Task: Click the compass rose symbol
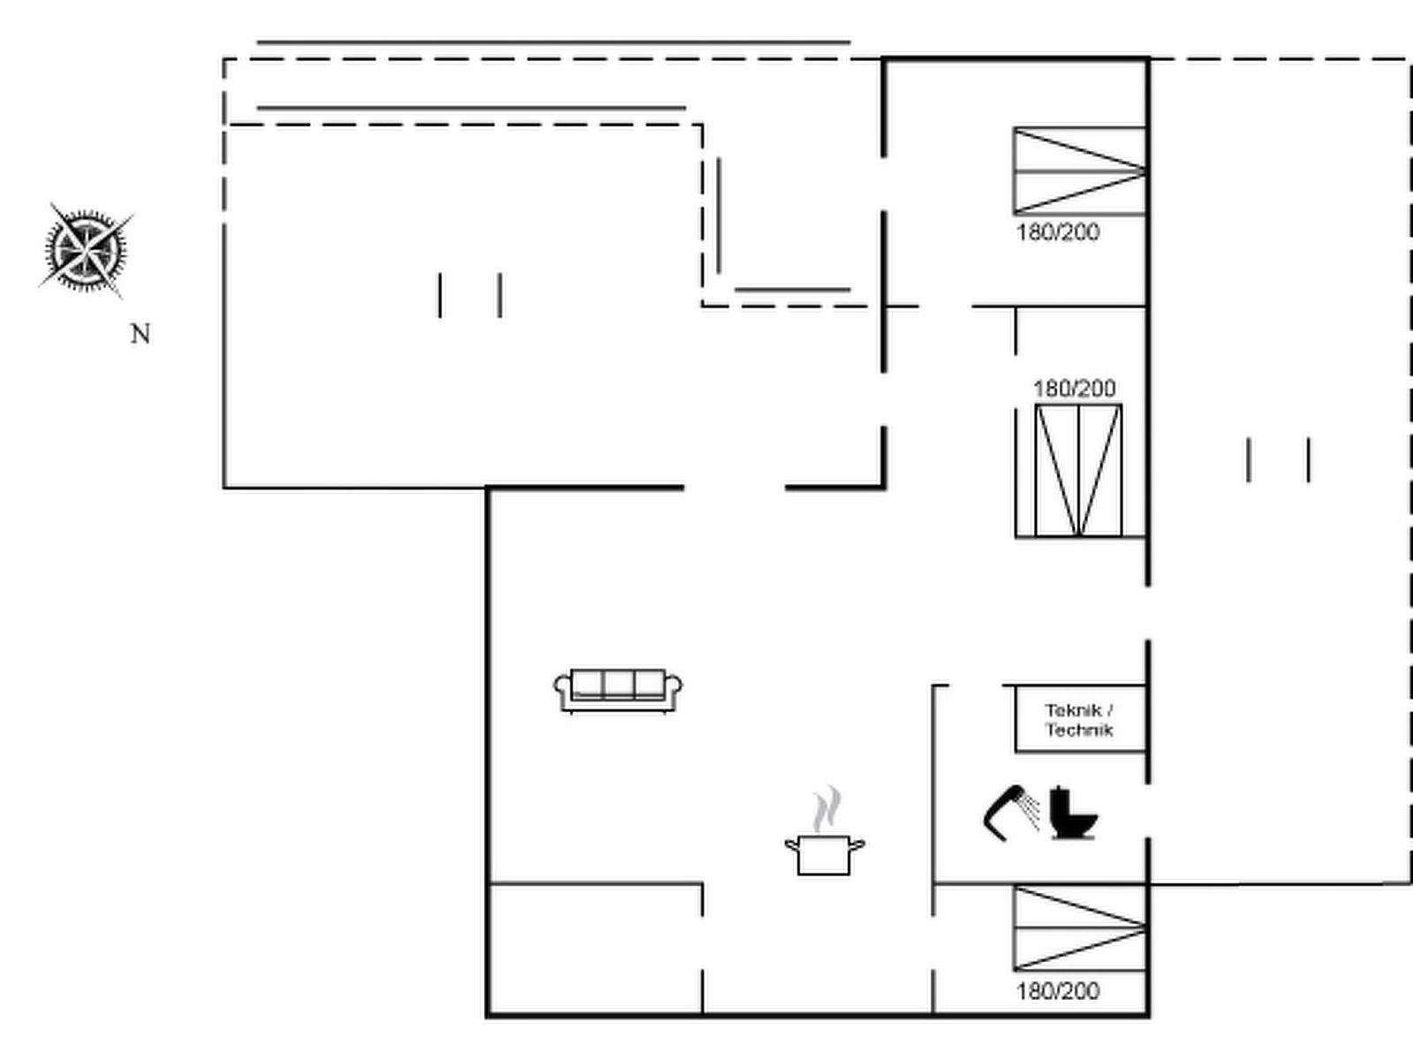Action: (86, 250)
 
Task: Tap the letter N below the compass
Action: (140, 334)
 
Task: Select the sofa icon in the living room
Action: (618, 692)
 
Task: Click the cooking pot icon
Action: (825, 855)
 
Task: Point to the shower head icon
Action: (1010, 814)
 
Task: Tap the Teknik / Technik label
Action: (1079, 720)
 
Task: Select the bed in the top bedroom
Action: (1079, 171)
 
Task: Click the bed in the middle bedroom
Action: (1079, 471)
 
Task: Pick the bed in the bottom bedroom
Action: (1079, 928)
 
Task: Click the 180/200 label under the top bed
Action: (1058, 232)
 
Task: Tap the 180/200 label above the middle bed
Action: (1075, 389)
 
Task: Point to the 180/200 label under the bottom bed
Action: (1058, 991)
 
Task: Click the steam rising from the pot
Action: (826, 809)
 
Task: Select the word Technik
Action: (1079, 730)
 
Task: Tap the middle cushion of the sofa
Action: (618, 684)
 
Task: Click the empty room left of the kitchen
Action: (595, 949)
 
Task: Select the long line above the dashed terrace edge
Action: (554, 42)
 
